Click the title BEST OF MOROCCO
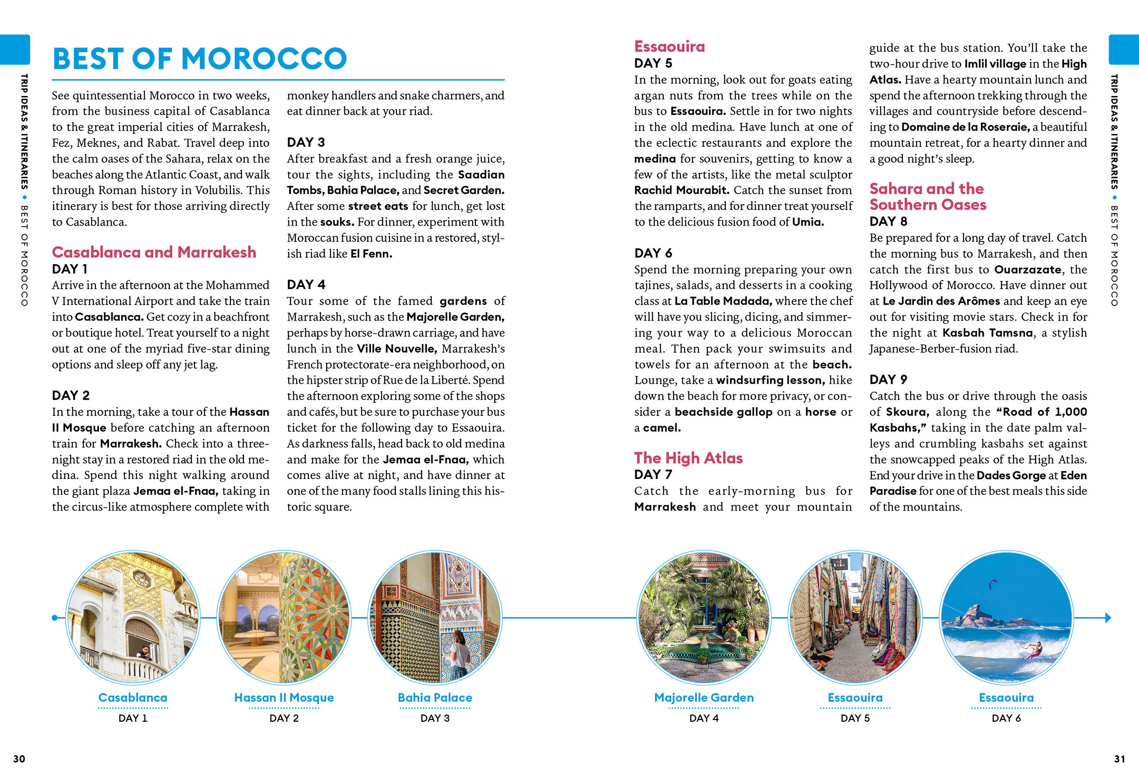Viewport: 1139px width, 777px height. point(199,59)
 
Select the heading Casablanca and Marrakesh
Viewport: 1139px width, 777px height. point(154,252)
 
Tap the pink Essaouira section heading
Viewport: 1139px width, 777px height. point(669,46)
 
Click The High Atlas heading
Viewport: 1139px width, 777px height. point(688,458)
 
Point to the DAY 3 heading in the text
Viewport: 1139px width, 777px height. point(306,142)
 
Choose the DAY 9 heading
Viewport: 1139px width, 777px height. point(888,380)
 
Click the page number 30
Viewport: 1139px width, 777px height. point(19,759)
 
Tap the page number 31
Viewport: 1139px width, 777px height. point(1119,759)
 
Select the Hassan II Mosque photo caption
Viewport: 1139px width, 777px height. point(284,698)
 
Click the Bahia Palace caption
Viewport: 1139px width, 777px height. point(435,698)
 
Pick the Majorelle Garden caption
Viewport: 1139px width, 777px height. point(704,698)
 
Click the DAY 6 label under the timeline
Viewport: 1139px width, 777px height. point(1006,718)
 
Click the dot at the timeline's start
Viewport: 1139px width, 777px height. point(54,617)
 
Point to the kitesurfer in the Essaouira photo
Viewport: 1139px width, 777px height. point(1034,649)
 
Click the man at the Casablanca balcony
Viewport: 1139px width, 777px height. point(145,652)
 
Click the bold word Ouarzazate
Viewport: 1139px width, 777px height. point(1027,270)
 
